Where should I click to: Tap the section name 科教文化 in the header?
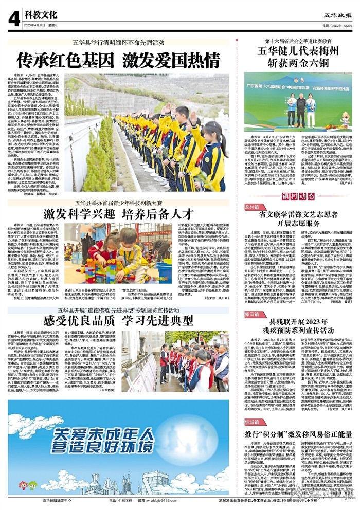tap(42, 16)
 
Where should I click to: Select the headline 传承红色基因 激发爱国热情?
tap(119, 61)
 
